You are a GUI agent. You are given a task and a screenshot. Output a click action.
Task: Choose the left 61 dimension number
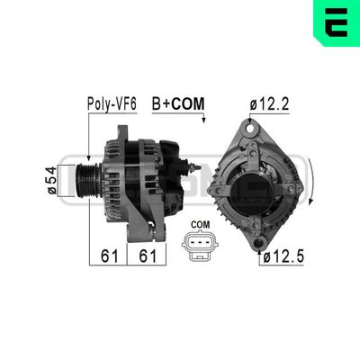[x=110, y=256]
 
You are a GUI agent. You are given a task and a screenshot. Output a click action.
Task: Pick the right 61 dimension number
[x=148, y=256]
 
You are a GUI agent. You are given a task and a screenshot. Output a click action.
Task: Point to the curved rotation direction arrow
[x=310, y=180]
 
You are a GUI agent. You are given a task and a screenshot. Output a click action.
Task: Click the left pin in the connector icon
[x=193, y=244]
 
